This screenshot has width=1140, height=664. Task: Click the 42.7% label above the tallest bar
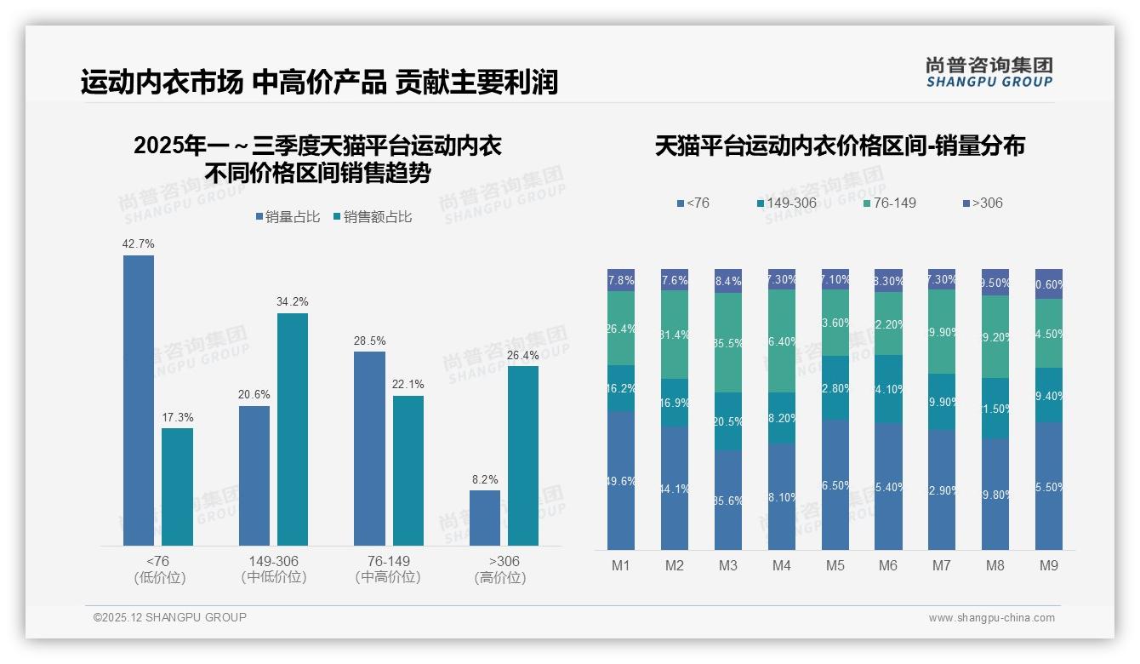pyautogui.click(x=139, y=244)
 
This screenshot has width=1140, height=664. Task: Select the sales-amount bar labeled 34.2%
pyautogui.click(x=293, y=429)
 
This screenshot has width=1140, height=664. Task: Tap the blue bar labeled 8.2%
pyautogui.click(x=485, y=518)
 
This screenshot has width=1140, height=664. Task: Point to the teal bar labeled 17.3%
pyautogui.click(x=177, y=486)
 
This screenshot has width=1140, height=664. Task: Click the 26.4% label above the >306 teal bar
pyautogui.click(x=523, y=355)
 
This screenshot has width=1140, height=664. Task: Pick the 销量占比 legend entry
pyautogui.click(x=288, y=217)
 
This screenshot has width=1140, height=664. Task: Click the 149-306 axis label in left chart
pyautogui.click(x=274, y=562)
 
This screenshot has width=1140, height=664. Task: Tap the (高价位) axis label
pyautogui.click(x=500, y=578)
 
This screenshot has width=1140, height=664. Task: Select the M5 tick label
pyautogui.click(x=835, y=565)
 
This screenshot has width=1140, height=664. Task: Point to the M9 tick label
pyautogui.click(x=1049, y=565)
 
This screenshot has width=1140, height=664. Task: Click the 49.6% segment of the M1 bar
pyautogui.click(x=621, y=481)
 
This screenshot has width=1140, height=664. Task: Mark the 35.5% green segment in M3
pyautogui.click(x=728, y=343)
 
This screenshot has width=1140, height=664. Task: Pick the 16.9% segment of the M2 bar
pyautogui.click(x=675, y=403)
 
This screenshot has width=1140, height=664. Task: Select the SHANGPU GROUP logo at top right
pyautogui.click(x=989, y=72)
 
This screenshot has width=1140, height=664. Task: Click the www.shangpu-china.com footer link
pyautogui.click(x=991, y=618)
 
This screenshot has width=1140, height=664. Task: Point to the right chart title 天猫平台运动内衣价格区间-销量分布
pyautogui.click(x=840, y=146)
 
